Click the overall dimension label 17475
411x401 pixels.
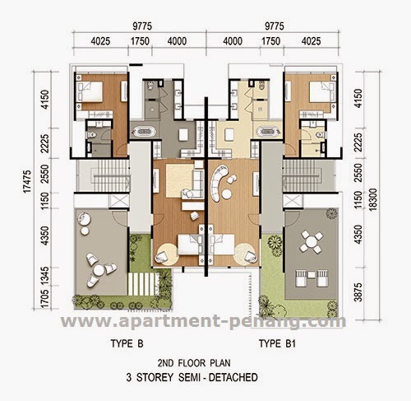click(27, 181)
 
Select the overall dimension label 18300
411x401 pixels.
click(373, 199)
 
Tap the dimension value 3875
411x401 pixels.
click(358, 292)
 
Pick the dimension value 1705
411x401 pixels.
click(45, 298)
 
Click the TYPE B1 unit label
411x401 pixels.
click(277, 343)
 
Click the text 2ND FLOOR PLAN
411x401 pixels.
click(194, 363)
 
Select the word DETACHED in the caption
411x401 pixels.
click(233, 377)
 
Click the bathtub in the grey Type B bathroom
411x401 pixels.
click(143, 132)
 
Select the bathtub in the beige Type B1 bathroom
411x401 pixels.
click(270, 132)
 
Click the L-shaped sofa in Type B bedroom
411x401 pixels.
click(193, 181)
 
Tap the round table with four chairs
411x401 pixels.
click(312, 242)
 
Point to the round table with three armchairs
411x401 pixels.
click(99, 270)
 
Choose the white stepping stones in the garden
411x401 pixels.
click(143, 284)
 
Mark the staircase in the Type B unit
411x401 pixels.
click(110, 176)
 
